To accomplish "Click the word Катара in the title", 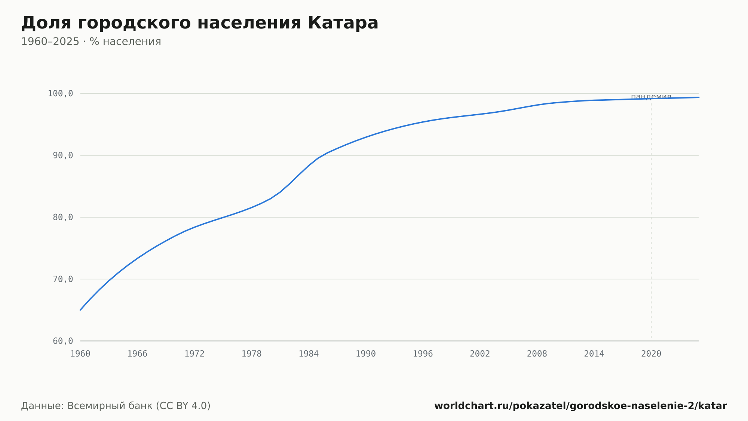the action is (x=343, y=23).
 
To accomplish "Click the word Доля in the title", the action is (x=46, y=24).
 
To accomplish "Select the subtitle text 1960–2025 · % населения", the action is (x=91, y=42).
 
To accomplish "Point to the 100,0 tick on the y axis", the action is (x=60, y=94).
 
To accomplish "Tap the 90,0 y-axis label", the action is (x=63, y=155).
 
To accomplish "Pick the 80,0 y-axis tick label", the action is (x=63, y=217).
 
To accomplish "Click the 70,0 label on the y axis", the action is (x=63, y=279).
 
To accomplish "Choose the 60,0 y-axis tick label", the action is (x=63, y=341).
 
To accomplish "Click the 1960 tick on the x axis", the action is (x=80, y=354).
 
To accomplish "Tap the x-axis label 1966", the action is (x=137, y=354).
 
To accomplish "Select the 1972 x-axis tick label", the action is (x=194, y=354).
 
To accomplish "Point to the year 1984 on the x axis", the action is (x=309, y=354).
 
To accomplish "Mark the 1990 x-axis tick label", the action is (x=366, y=354).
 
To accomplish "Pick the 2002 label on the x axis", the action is (x=480, y=354).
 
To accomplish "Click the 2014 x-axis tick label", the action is (x=594, y=354).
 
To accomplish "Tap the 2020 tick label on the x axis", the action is (x=651, y=354).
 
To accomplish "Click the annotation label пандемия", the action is (x=651, y=97).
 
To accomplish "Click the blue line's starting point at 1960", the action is (x=80, y=310).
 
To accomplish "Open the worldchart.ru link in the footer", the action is (x=580, y=406).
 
